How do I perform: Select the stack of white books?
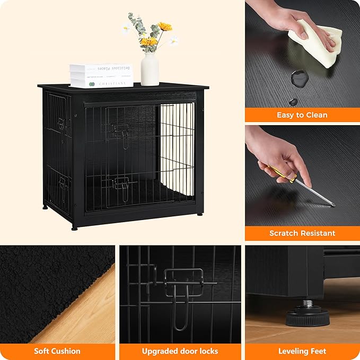101,76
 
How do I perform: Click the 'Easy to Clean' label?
302,115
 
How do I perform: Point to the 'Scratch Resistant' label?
302,233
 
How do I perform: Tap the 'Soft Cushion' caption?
57,351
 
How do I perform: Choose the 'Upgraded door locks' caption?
180,351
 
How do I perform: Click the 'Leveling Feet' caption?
302,351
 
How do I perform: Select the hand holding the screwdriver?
281,154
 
